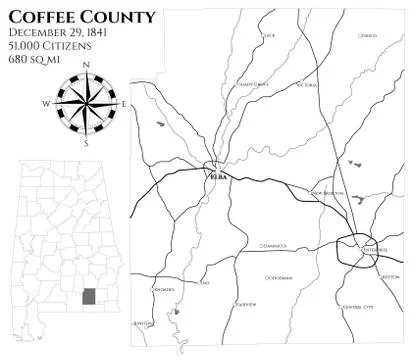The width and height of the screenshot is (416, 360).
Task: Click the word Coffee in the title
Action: tap(43, 17)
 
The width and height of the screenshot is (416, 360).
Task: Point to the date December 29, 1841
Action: tap(58, 33)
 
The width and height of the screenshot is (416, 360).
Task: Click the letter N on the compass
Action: tap(86, 67)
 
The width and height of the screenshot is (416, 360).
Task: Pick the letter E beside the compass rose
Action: tap(123, 104)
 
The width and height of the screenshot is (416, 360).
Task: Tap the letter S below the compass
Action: tap(86, 142)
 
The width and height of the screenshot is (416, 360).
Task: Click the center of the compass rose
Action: tap(86, 104)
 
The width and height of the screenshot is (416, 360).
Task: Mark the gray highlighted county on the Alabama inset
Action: tap(89, 296)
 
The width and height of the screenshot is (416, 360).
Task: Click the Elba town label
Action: tap(219, 175)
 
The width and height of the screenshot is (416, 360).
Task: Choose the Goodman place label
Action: tap(279, 277)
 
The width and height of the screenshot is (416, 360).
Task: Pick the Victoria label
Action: tap(306, 86)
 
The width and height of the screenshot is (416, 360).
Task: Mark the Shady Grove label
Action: tap(254, 84)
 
